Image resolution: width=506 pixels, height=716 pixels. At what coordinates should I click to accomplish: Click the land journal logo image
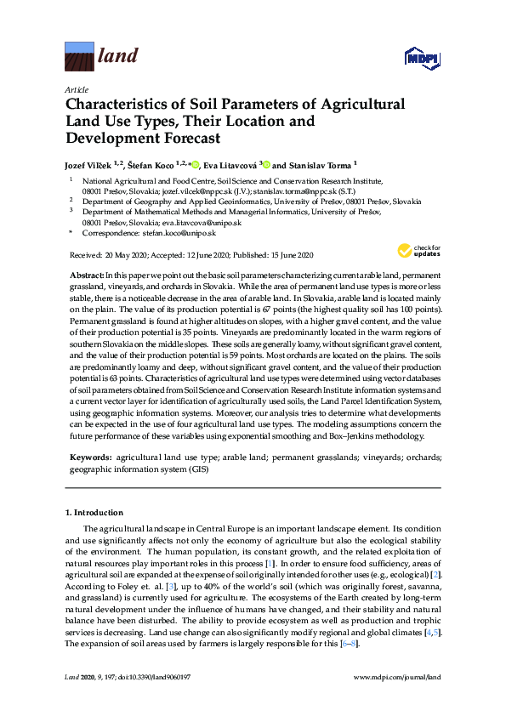(x=78, y=58)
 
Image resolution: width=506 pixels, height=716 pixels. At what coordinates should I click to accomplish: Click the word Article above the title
(x=76, y=89)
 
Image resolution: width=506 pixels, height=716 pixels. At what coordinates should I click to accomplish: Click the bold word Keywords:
(x=90, y=457)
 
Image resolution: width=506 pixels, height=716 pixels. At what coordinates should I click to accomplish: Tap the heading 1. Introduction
(x=94, y=513)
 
